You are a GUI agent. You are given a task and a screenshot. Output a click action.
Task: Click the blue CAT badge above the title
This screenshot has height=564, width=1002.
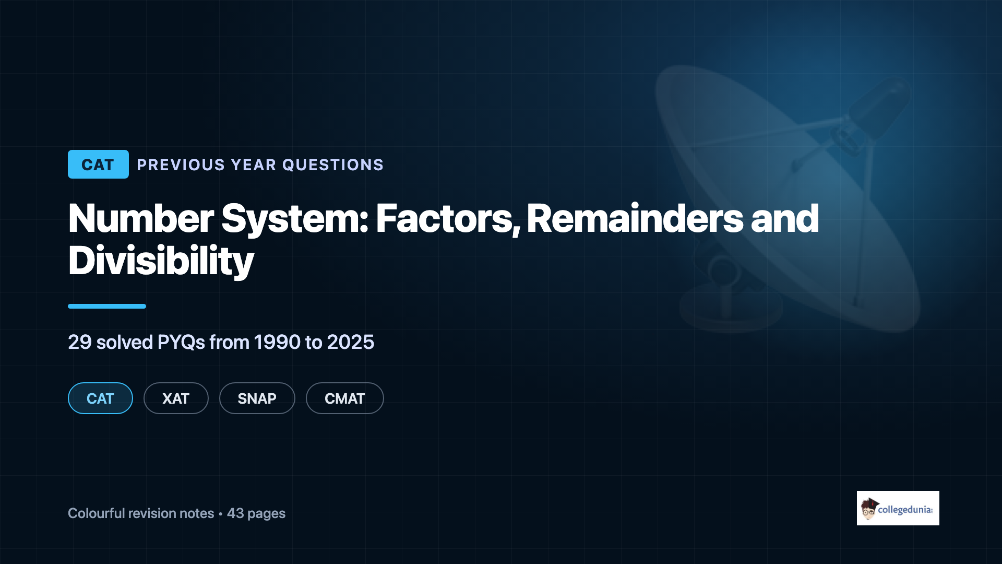click(x=98, y=164)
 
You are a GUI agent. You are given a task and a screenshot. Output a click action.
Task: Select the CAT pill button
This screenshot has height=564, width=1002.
click(x=100, y=398)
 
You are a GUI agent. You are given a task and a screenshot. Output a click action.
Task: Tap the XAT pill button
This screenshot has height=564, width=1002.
click(x=176, y=398)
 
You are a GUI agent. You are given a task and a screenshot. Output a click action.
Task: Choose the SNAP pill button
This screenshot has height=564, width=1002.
click(x=257, y=398)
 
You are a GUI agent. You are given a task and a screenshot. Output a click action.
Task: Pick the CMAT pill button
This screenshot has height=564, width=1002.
click(x=345, y=398)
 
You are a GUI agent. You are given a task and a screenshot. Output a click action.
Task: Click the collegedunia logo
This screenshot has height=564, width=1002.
click(x=898, y=508)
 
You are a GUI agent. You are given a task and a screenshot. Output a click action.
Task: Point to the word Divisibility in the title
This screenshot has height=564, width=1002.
click(x=161, y=261)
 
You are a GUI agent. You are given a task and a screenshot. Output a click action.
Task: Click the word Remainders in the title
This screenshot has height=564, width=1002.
click(x=635, y=218)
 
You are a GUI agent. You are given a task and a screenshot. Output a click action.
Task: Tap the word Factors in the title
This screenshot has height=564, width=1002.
click(x=448, y=218)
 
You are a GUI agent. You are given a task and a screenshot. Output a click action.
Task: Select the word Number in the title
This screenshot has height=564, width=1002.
click(x=141, y=218)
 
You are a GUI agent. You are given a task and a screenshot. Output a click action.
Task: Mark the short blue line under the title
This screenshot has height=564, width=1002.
click(x=107, y=306)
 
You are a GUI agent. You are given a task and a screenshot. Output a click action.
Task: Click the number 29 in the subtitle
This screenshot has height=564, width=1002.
click(x=80, y=342)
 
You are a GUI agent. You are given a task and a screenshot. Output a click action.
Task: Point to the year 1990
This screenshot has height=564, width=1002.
click(x=277, y=342)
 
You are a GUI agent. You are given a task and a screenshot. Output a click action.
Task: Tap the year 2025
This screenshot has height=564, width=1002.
click(x=351, y=342)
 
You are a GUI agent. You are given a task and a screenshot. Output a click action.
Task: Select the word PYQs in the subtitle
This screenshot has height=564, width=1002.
click(x=181, y=342)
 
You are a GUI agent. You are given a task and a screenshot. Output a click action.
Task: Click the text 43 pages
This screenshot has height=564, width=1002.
click(x=256, y=513)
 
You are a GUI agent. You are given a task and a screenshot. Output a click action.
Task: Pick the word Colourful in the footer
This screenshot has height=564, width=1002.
click(x=96, y=513)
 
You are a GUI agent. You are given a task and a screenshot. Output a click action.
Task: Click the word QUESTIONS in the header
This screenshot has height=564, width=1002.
click(x=333, y=165)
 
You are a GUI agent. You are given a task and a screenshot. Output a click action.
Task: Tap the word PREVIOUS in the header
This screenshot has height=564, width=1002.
click(x=181, y=165)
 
